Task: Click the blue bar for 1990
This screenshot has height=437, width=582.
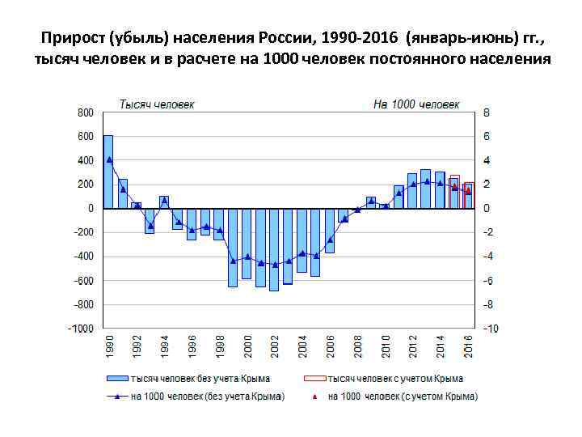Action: coord(108,172)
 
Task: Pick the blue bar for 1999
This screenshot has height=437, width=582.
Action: coord(233,248)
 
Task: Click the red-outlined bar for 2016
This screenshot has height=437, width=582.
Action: coord(469,196)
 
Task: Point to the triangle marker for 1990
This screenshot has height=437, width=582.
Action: coord(108,159)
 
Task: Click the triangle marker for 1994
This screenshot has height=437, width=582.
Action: coord(164,201)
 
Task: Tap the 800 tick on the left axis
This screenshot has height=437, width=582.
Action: coord(86,112)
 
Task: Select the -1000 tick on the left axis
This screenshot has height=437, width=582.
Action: coord(82,329)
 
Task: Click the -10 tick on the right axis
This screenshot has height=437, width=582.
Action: coord(491,329)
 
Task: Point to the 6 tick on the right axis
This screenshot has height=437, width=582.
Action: coord(486,137)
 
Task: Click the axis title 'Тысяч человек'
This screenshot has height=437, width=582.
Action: coord(157,104)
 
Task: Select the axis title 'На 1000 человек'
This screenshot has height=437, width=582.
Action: coord(416,104)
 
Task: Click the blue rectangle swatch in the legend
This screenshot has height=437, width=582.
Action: coord(116,378)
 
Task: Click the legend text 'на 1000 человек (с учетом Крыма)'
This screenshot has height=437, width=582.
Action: coord(402,397)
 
